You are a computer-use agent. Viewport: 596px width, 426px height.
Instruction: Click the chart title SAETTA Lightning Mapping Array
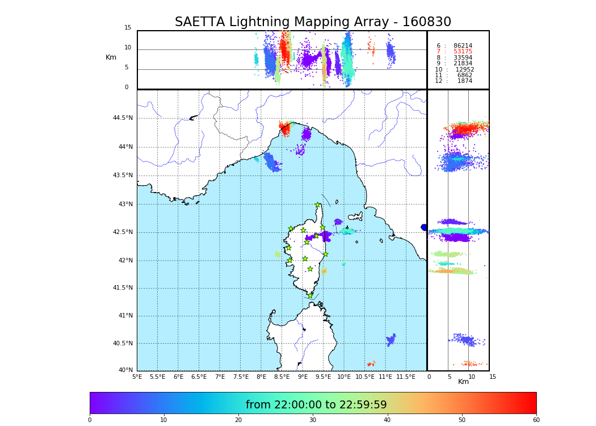(313, 22)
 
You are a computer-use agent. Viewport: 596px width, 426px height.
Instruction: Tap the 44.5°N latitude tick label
(123, 118)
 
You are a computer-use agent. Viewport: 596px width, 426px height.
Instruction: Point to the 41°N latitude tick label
(124, 316)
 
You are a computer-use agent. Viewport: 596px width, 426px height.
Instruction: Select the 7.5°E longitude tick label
(241, 377)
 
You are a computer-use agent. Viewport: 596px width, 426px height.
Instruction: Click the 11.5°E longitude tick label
(406, 377)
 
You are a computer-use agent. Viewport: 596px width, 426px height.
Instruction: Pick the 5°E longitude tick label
(137, 377)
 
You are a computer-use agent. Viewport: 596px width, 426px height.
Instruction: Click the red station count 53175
(463, 52)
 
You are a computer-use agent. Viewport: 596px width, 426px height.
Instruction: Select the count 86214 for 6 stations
(463, 45)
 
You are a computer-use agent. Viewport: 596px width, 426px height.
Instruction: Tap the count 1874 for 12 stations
(464, 81)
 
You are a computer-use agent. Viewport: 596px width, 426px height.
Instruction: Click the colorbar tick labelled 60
(536, 420)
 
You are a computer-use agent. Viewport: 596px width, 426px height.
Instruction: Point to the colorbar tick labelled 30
(313, 420)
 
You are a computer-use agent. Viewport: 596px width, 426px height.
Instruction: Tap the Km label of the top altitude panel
(111, 57)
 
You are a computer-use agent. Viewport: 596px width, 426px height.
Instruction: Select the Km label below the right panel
(463, 382)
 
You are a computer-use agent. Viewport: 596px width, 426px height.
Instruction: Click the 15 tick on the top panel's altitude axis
(128, 28)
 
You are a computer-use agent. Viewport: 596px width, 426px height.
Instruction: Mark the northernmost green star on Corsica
(317, 205)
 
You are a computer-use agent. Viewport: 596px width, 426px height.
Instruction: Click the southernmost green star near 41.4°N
(310, 295)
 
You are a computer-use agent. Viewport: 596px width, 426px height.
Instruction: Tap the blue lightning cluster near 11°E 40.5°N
(391, 340)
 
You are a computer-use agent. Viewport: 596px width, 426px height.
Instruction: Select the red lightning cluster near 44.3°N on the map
(284, 128)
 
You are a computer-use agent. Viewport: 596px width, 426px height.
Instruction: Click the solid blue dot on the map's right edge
(424, 227)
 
